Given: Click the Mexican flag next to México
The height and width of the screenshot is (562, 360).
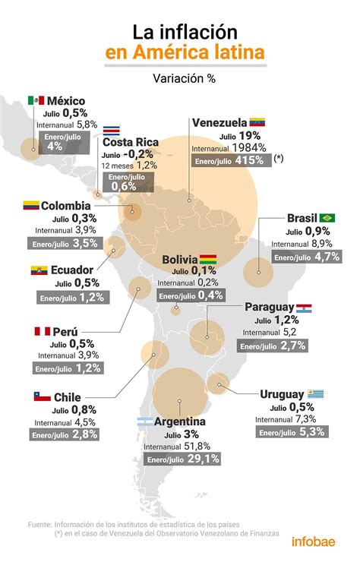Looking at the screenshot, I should pyautogui.click(x=36, y=100).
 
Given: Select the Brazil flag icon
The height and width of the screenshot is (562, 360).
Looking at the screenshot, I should pyautogui.click(x=327, y=218).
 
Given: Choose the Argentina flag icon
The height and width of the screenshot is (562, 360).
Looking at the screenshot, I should pyautogui.click(x=144, y=421).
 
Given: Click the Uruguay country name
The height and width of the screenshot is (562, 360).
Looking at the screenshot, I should pyautogui.click(x=282, y=394).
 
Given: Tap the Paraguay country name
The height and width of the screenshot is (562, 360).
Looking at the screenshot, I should pyautogui.click(x=269, y=307).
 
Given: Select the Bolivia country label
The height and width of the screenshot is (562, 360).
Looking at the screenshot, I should pyautogui.click(x=179, y=260).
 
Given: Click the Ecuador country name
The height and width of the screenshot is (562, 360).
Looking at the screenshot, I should pyautogui.click(x=72, y=270).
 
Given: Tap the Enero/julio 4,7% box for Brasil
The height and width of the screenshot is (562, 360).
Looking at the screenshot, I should pyautogui.click(x=307, y=257).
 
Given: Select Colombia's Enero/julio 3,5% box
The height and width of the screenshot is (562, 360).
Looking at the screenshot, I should pyautogui.click(x=64, y=243).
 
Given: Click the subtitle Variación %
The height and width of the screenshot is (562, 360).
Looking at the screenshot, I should pyautogui.click(x=180, y=77).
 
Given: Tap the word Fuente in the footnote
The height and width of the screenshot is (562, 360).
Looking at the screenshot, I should pyautogui.click(x=40, y=524).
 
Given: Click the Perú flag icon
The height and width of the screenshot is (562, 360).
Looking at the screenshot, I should pyautogui.click(x=42, y=332).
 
